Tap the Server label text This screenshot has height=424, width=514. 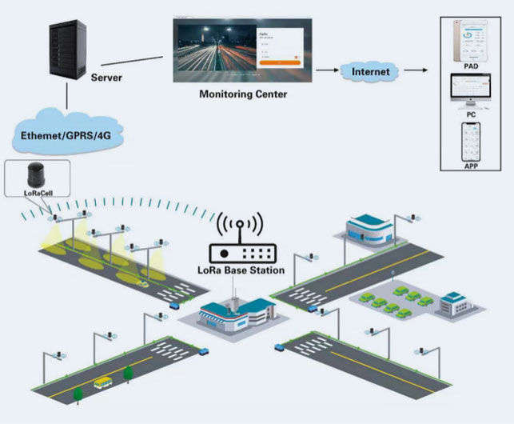pos(107,78)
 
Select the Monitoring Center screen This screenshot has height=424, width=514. pos(241,50)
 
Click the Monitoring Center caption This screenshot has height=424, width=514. pos(242,94)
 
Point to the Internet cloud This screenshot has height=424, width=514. pos(371,72)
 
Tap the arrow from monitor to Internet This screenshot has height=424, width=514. pos(325,70)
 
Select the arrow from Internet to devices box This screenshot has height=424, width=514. pos(414,70)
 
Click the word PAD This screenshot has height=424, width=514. pos(470,68)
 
